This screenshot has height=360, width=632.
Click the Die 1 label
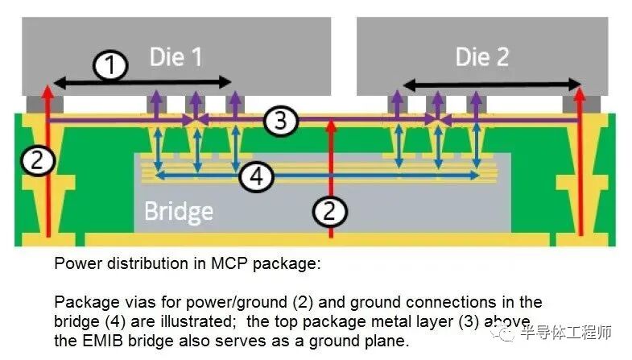pyautogui.click(x=176, y=56)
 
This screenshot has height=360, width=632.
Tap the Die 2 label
pyautogui.click(x=481, y=56)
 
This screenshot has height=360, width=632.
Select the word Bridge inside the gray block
pyautogui.click(x=178, y=212)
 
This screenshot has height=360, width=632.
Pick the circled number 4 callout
pyautogui.click(x=256, y=176)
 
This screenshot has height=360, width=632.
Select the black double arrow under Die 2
pyautogui.click(x=492, y=84)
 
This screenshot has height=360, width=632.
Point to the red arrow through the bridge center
pyautogui.click(x=332, y=177)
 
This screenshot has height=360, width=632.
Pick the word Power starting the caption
pyautogui.click(x=73, y=263)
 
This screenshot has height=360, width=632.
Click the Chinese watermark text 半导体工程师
pyautogui.click(x=567, y=332)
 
